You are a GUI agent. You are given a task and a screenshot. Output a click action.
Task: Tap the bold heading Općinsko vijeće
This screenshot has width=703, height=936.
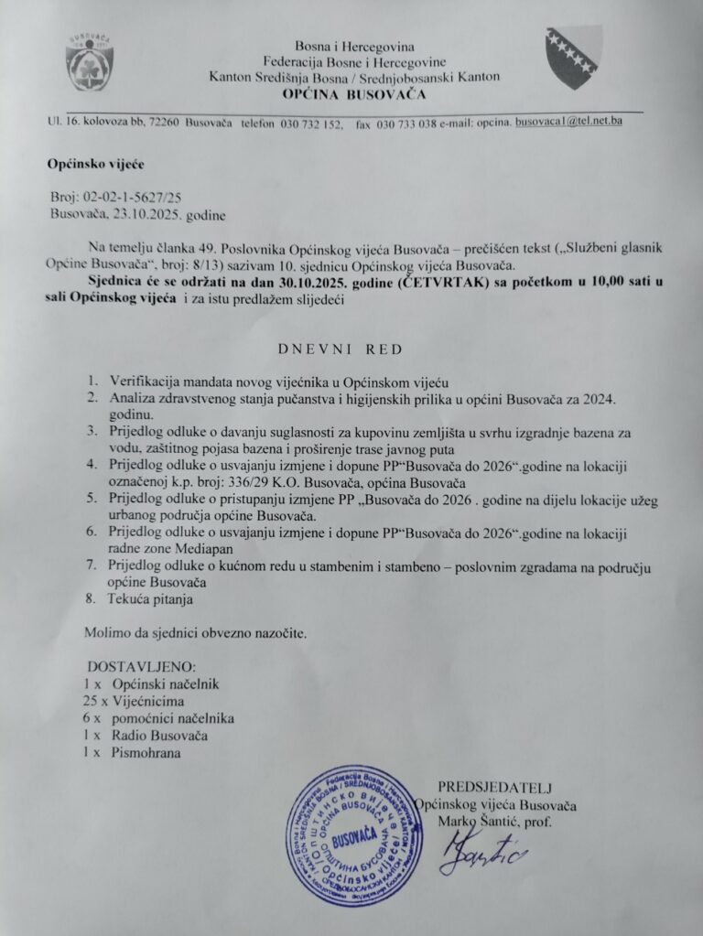95,165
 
